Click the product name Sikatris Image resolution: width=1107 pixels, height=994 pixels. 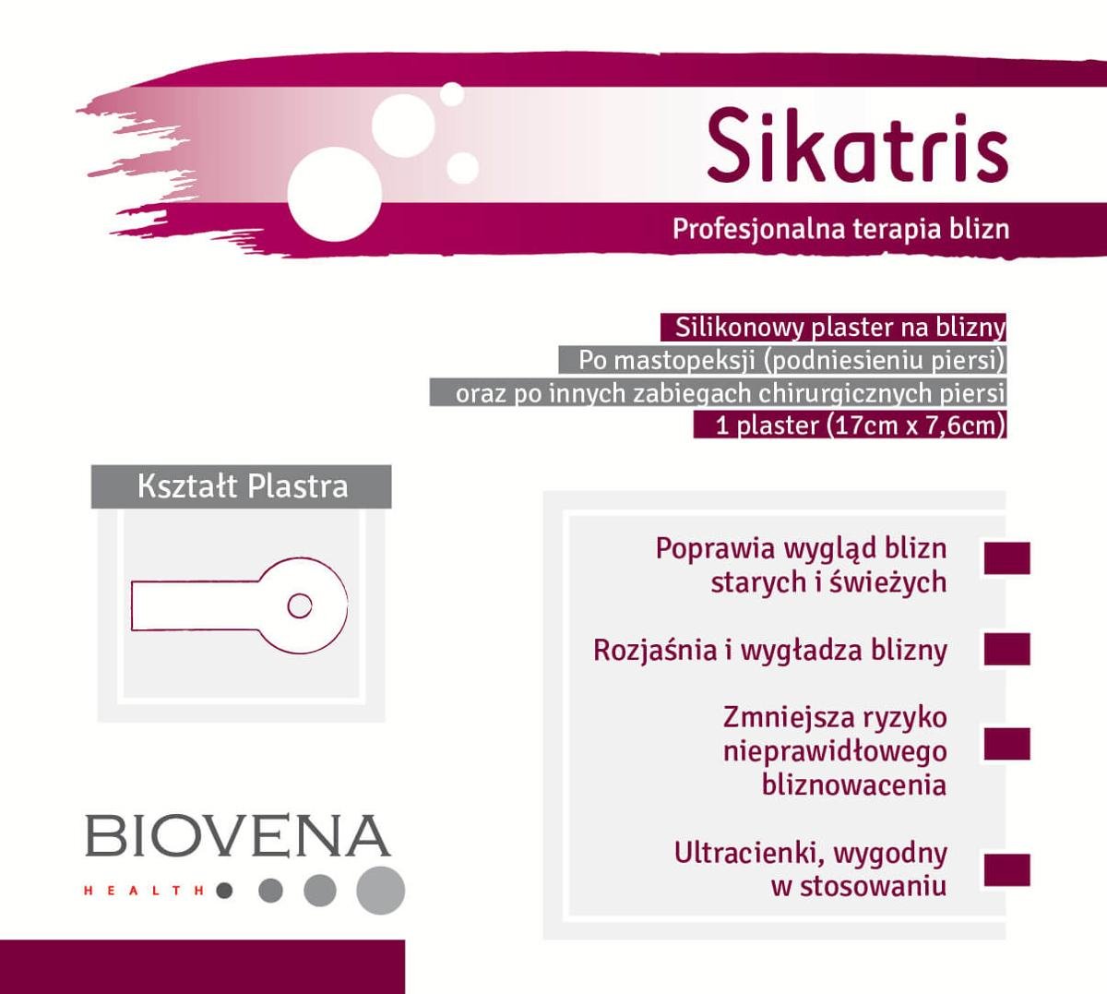click(856, 146)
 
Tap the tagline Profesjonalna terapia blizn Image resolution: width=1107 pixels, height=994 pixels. click(840, 228)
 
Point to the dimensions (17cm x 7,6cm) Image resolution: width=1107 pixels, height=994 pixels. click(913, 425)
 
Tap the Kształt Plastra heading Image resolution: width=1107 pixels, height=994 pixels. click(242, 486)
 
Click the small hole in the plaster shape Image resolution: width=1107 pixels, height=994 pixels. click(299, 606)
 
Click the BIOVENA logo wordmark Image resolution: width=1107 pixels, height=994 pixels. click(238, 835)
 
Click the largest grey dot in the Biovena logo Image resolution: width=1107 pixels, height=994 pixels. click(380, 890)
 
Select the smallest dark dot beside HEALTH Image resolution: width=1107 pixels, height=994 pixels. click(224, 891)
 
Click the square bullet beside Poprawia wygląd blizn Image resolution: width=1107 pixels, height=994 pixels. click(1006, 558)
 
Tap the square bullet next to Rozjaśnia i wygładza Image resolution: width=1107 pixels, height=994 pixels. click(1006, 649)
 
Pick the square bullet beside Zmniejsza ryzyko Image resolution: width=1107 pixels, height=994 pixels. click(1006, 744)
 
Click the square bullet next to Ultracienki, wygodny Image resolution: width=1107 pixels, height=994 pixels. click(1006, 870)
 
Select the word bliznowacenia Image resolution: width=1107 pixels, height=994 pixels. click(854, 784)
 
